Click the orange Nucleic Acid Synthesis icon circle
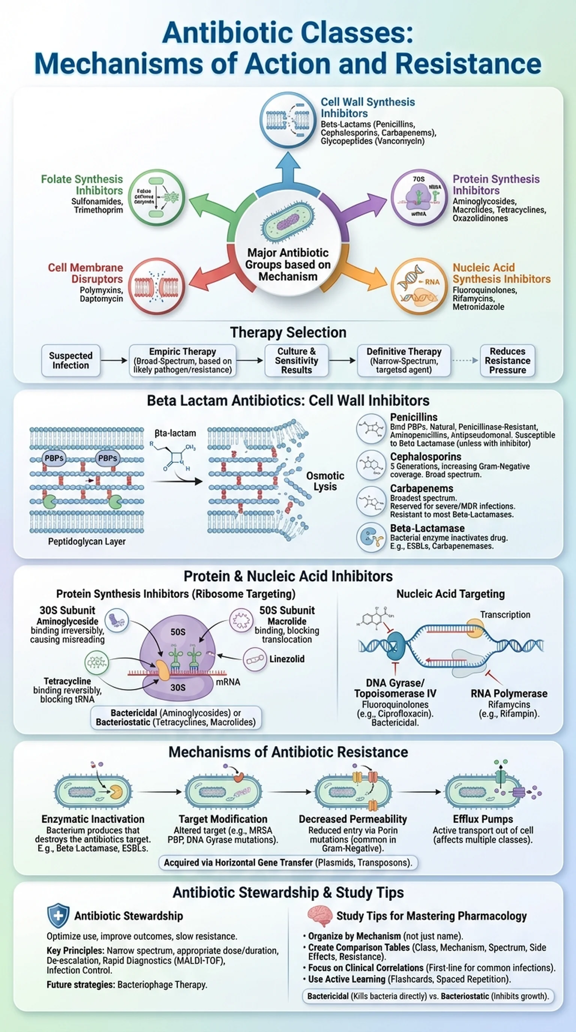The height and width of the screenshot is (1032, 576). [419, 286]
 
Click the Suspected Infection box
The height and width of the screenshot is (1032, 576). [70, 360]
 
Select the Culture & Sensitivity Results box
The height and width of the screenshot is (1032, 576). [296, 360]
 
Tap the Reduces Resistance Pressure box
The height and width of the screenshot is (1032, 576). [507, 360]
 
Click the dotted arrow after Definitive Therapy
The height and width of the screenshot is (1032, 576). [465, 360]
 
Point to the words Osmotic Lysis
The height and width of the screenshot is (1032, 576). [325, 481]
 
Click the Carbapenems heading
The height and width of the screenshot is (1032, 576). [422, 488]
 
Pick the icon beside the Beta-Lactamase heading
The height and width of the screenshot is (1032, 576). [371, 537]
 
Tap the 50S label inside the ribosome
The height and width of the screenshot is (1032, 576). [178, 632]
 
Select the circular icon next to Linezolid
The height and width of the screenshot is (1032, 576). [255, 658]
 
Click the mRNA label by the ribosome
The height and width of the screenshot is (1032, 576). [228, 681]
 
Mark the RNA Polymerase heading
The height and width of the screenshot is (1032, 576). [509, 693]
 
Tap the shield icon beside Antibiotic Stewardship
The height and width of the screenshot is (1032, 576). [58, 916]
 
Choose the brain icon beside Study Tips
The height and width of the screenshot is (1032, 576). [320, 916]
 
